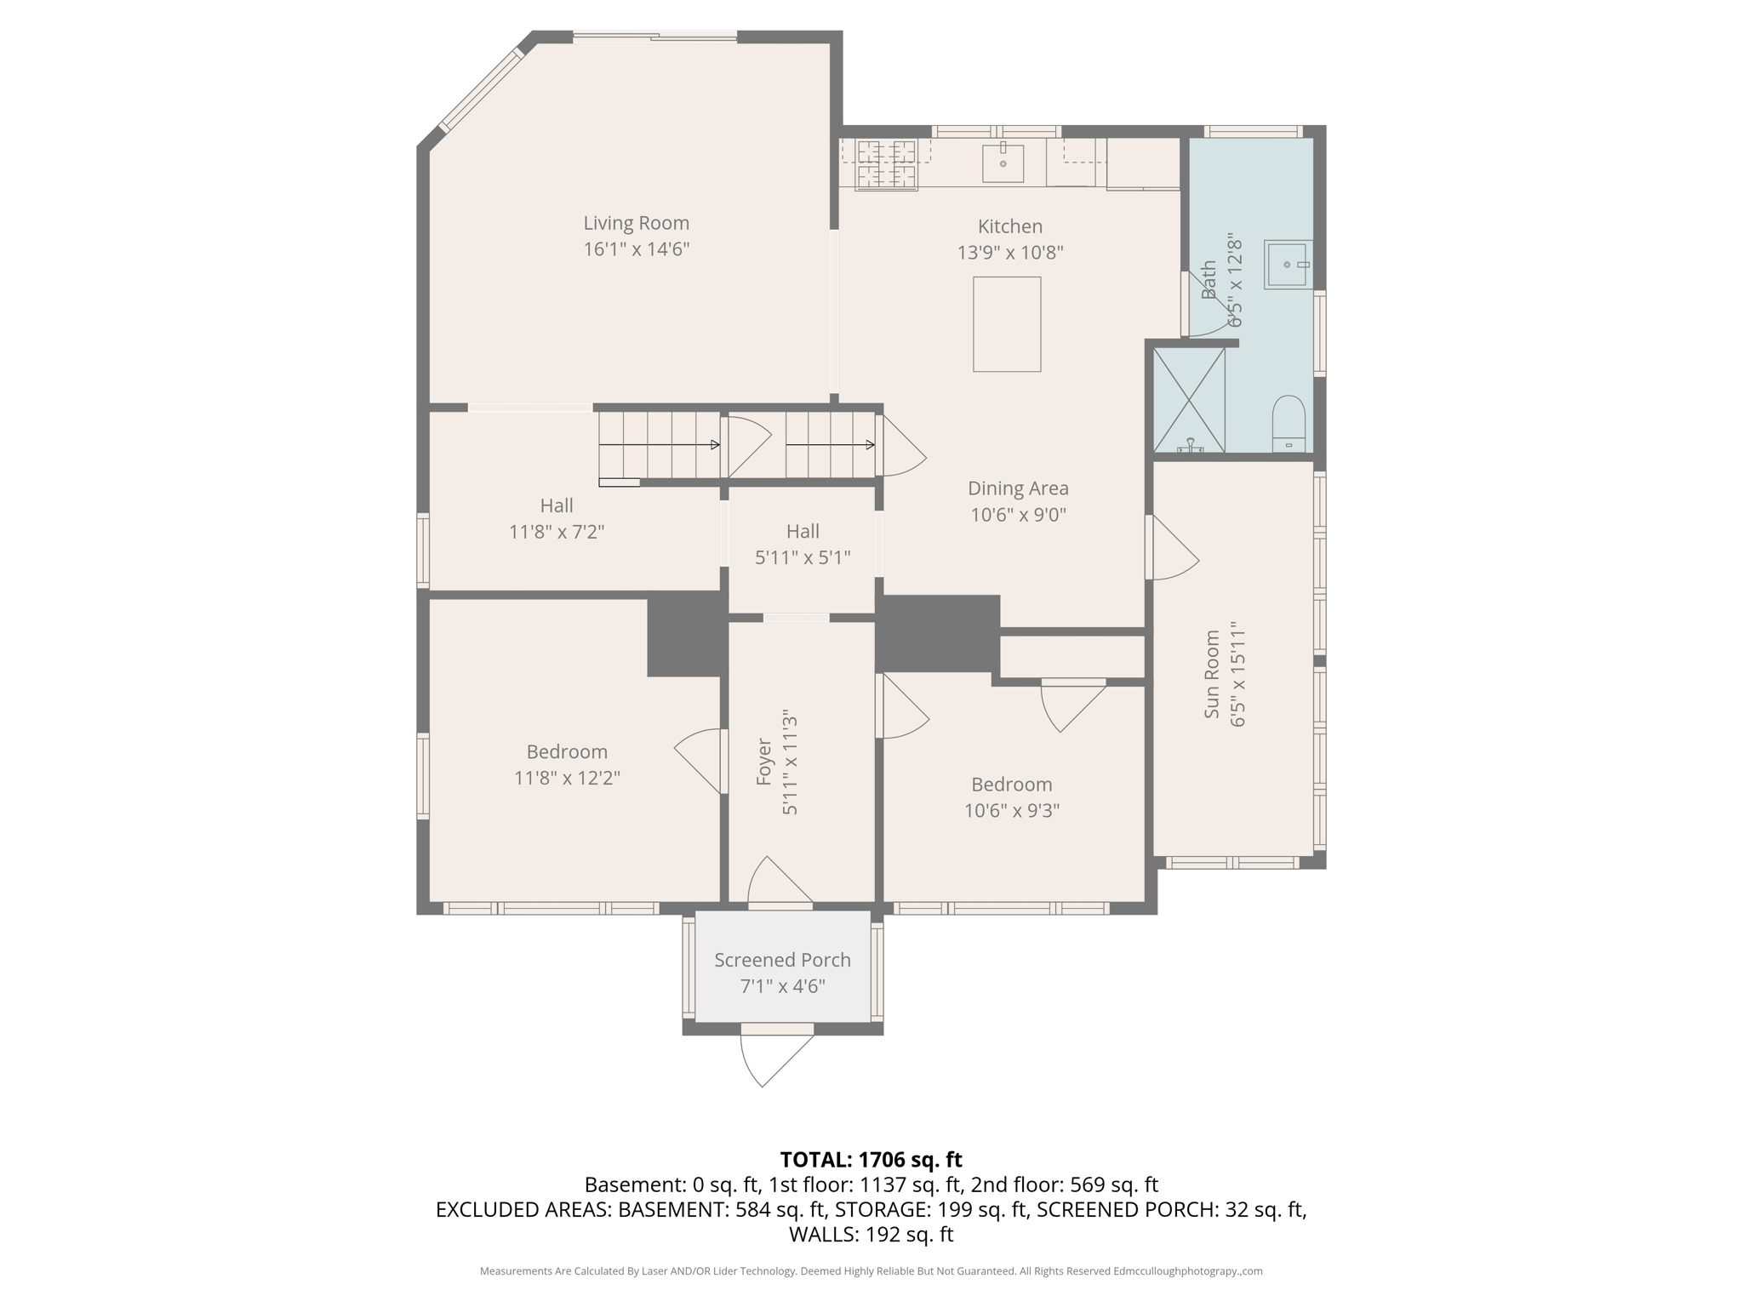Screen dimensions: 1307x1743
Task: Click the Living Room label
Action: (x=636, y=223)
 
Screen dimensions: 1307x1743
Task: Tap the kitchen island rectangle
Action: (x=1007, y=324)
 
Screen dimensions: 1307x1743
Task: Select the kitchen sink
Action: (x=1003, y=163)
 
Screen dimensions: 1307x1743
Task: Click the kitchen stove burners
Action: (x=887, y=164)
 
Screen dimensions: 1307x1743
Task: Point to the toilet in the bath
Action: (x=1288, y=423)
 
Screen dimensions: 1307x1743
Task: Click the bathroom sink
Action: (x=1287, y=265)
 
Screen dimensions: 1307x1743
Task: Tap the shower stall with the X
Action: (x=1188, y=400)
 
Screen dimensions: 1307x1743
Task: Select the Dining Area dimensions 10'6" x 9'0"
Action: (x=1018, y=515)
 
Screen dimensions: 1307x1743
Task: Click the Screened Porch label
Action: (x=782, y=960)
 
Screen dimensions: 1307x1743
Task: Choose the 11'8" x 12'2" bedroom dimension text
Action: (x=567, y=778)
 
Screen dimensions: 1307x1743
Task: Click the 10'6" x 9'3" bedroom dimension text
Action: (x=1011, y=810)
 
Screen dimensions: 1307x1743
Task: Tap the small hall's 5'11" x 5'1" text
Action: (x=803, y=557)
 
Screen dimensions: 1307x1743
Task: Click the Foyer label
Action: (x=764, y=762)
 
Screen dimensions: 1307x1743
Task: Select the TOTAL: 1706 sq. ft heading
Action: (x=871, y=1160)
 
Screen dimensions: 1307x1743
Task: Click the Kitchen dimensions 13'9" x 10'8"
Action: (x=1010, y=253)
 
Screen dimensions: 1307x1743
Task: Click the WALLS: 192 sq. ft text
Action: (x=871, y=1235)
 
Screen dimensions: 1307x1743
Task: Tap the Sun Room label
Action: (x=1212, y=674)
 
